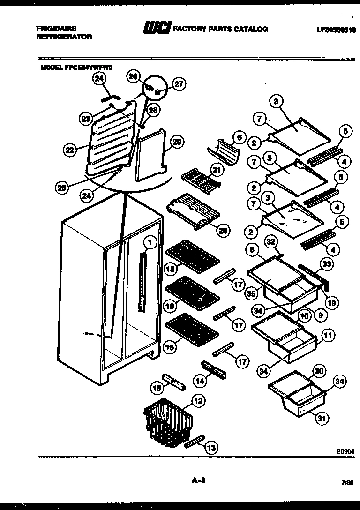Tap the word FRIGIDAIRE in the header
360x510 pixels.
point(56,29)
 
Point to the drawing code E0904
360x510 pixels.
point(344,450)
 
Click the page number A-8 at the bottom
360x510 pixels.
point(200,480)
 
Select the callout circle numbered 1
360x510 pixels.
point(150,242)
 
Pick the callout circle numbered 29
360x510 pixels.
point(178,142)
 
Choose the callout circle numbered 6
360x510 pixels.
point(239,138)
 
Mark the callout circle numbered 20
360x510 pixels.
point(223,230)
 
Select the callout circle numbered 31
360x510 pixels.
point(321,419)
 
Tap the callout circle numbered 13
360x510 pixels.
point(211,448)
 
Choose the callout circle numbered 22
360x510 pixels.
point(70,150)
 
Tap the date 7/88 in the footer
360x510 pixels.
point(347,481)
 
